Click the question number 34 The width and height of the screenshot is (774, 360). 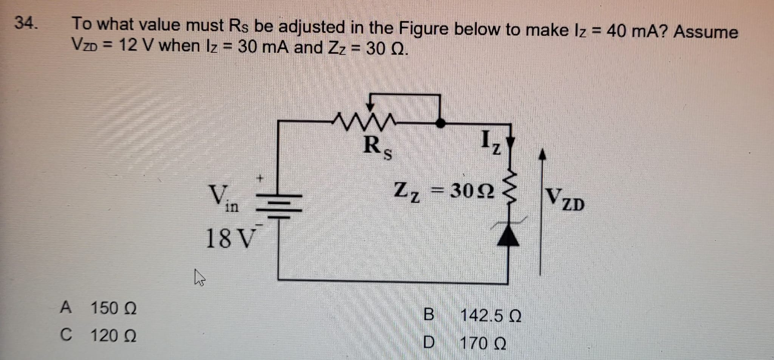pyautogui.click(x=26, y=23)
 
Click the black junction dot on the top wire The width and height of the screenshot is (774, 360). pyautogui.click(x=440, y=123)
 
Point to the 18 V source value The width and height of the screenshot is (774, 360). pyautogui.click(x=229, y=239)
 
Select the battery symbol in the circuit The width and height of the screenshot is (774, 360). pyautogui.click(x=280, y=206)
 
